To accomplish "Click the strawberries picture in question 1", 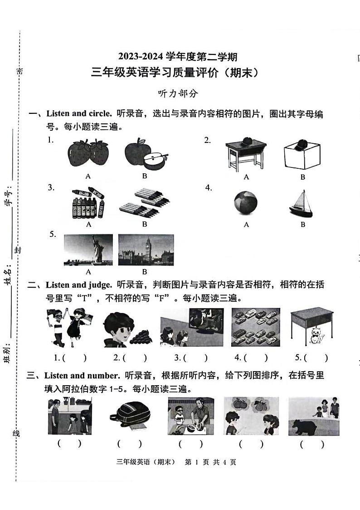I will point(88,153).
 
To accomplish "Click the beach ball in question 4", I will point(246,202).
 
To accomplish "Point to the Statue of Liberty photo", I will point(88,250).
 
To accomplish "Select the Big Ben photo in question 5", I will point(146,250).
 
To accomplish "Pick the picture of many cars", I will point(255,327).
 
